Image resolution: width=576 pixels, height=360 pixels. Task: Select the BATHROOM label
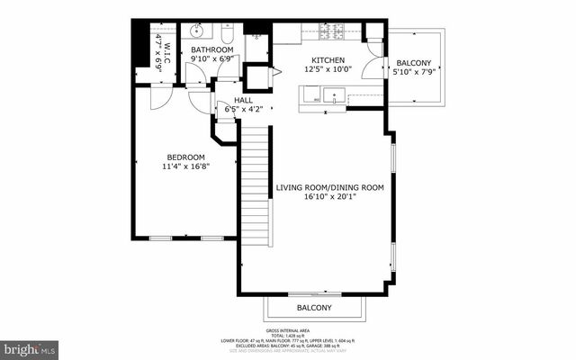coord(211,49)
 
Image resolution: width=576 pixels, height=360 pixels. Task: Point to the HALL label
coord(243,101)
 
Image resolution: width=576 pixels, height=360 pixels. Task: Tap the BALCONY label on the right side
coord(414,63)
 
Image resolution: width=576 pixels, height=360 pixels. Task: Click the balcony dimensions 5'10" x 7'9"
coord(414,74)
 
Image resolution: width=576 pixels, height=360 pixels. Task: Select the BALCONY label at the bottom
coord(314,308)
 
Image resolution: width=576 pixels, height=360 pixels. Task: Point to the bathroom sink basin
coord(200,32)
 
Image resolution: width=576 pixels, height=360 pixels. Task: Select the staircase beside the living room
coord(256,180)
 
